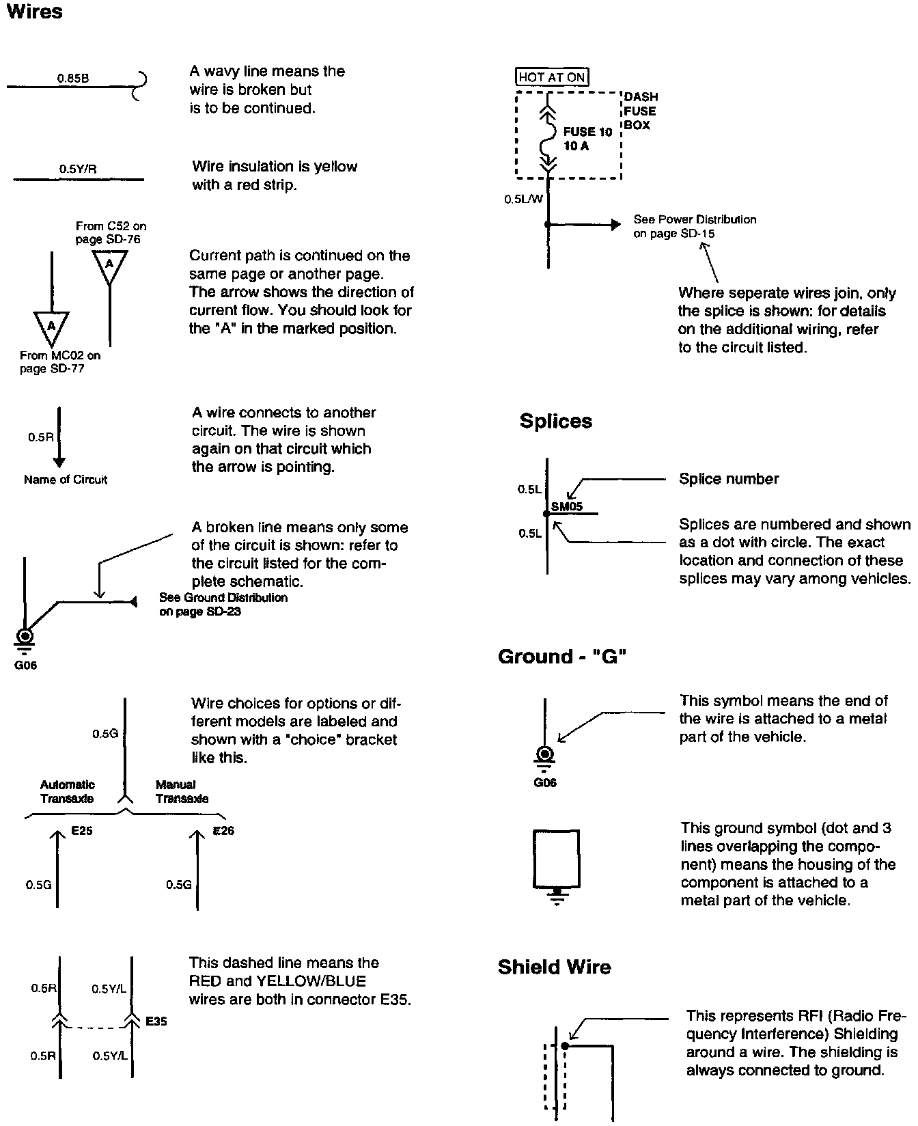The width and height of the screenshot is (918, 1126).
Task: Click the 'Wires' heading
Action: (x=34, y=12)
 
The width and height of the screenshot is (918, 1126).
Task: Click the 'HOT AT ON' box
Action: (x=552, y=77)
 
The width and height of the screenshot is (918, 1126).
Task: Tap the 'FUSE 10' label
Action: (x=587, y=132)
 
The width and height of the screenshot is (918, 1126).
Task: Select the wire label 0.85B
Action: (x=73, y=78)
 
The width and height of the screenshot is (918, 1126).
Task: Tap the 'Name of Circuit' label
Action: (x=66, y=480)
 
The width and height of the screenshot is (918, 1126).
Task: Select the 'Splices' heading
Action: (x=555, y=421)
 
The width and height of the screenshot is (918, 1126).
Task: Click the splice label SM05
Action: (x=567, y=507)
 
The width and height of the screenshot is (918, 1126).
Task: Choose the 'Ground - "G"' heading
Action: (x=562, y=657)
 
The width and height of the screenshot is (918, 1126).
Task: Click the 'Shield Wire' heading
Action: (x=554, y=967)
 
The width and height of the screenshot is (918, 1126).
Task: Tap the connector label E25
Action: (x=82, y=832)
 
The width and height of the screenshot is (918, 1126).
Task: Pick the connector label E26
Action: (x=223, y=832)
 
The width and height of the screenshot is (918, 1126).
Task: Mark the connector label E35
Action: (x=156, y=1021)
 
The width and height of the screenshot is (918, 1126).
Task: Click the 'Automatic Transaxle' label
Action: (x=67, y=791)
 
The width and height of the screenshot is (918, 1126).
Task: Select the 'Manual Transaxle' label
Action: (x=182, y=791)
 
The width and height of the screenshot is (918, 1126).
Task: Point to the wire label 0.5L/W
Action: (x=524, y=200)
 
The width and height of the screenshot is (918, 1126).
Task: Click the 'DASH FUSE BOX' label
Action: (x=641, y=111)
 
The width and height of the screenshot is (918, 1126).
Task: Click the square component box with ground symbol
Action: (x=556, y=858)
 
